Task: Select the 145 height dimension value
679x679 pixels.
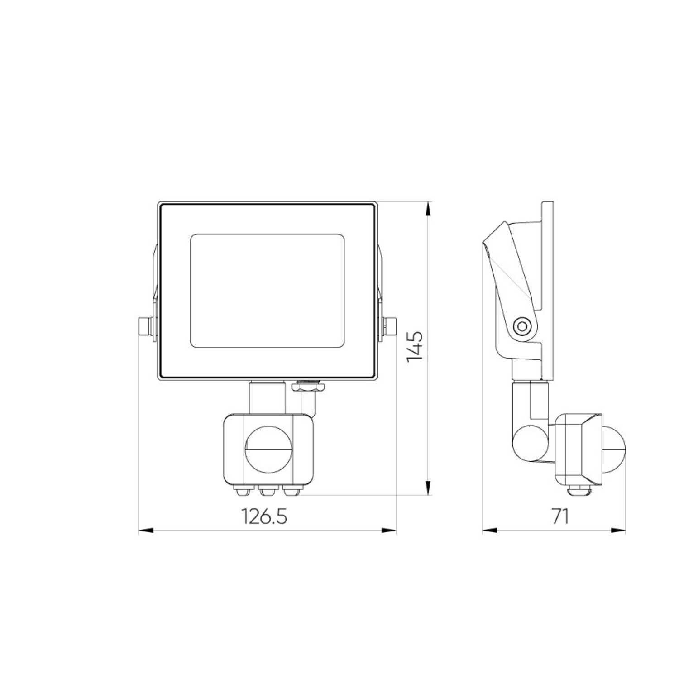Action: (415, 346)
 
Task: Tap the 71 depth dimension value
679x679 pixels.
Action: (560, 516)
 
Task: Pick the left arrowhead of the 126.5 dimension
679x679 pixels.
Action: (146, 530)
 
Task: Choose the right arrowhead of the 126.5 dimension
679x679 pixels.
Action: (389, 530)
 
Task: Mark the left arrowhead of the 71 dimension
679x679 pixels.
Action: (490, 530)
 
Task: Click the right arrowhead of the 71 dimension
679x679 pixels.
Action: (618, 530)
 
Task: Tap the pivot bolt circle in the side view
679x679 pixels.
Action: (523, 325)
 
